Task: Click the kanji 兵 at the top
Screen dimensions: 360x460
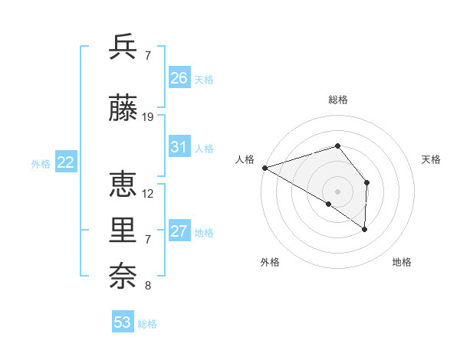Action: [123, 47]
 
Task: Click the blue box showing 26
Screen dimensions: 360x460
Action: [179, 78]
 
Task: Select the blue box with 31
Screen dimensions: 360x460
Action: [179, 147]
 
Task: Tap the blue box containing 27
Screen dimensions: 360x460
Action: [179, 231]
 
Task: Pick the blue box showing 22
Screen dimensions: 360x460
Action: [65, 162]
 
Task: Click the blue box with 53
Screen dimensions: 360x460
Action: [123, 322]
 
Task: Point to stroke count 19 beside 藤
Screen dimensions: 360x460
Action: [148, 117]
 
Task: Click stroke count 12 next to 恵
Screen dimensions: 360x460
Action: [148, 194]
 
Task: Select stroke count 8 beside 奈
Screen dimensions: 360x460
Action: [147, 286]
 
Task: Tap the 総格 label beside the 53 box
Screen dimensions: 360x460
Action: [147, 324]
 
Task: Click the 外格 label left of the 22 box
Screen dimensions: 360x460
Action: [41, 163]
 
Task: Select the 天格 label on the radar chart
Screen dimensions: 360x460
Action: [432, 159]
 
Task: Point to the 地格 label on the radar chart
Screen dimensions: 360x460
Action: [402, 263]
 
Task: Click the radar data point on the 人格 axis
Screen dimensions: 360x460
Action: [264, 167]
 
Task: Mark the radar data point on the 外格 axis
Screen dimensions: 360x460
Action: [329, 205]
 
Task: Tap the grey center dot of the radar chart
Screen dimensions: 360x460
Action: [337, 190]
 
